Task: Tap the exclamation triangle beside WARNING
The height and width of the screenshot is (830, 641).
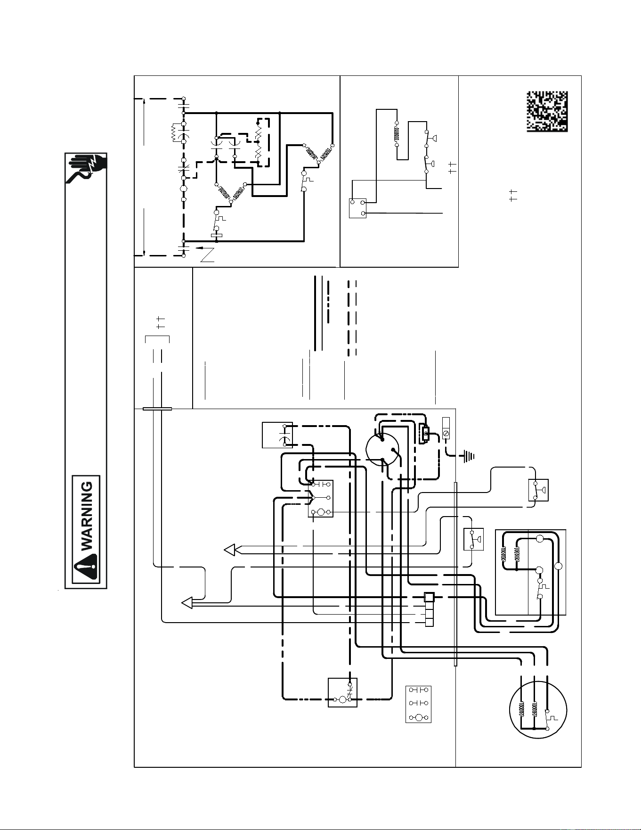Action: point(86,566)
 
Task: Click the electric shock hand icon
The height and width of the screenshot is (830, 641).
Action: point(87,168)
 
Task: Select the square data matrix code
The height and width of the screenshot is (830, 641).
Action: point(547,112)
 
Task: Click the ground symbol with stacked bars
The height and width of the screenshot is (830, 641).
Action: point(469,456)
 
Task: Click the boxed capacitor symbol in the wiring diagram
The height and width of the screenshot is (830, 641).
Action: point(277,435)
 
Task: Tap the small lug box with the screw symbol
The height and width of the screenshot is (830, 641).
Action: point(446,429)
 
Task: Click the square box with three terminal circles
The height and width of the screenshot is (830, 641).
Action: point(357,208)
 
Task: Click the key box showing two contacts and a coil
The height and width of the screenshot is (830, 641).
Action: point(418,704)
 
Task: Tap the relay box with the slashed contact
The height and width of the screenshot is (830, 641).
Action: point(342,692)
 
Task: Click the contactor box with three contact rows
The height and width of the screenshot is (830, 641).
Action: point(321,498)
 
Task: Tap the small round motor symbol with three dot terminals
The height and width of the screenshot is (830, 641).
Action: point(382,450)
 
